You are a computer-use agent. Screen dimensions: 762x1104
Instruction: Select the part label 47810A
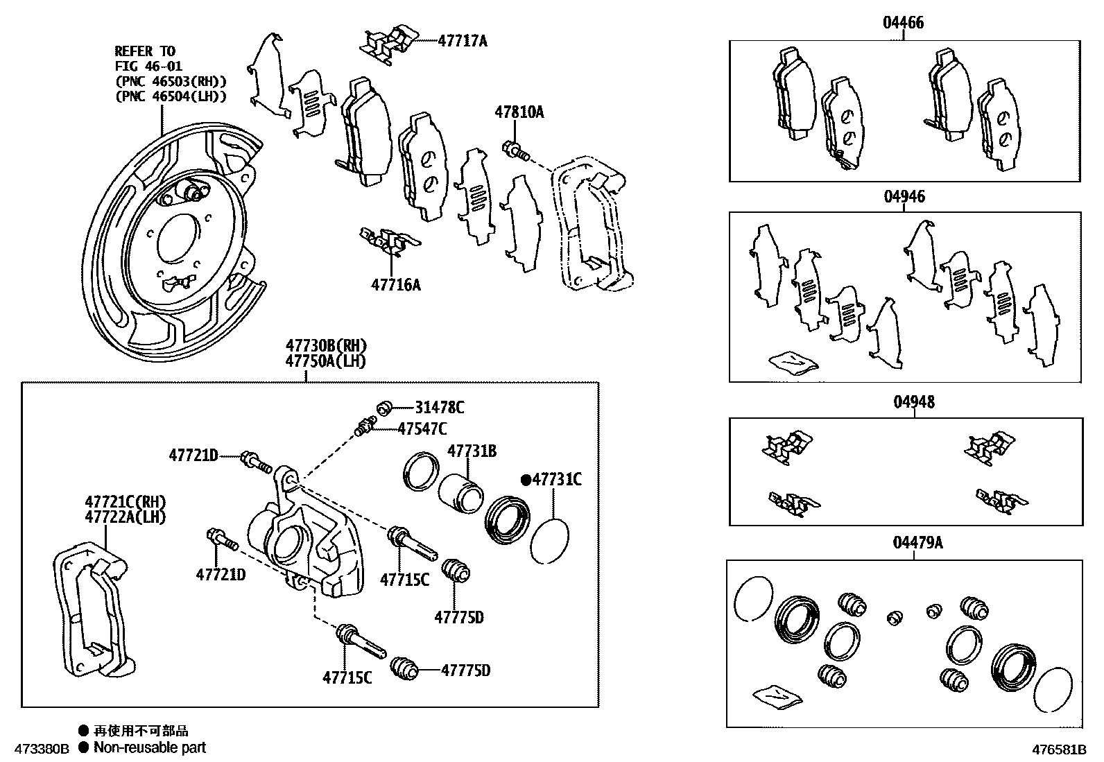tap(519, 112)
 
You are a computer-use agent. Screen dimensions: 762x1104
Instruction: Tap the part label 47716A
tap(395, 284)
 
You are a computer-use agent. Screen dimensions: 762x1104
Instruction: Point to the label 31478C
tap(440, 408)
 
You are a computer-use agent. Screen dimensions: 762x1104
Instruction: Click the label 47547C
tap(422, 428)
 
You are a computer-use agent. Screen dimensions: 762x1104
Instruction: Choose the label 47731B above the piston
tap(472, 451)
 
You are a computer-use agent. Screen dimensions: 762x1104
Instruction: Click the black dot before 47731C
tap(526, 479)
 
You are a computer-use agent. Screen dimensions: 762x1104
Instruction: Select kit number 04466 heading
tap(903, 23)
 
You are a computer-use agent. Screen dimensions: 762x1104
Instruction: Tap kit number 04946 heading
tap(904, 196)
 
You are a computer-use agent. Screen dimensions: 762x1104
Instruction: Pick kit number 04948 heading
tap(913, 402)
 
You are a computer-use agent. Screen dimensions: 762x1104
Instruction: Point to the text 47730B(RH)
tap(326, 345)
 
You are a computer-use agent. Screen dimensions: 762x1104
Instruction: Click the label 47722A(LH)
tap(125, 517)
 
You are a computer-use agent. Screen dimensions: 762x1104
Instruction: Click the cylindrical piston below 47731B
tap(460, 493)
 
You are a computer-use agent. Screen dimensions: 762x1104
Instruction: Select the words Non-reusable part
tap(150, 747)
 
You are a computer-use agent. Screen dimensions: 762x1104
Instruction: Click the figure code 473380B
tap(35, 749)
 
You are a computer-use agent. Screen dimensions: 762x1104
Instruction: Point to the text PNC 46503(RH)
tap(171, 81)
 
